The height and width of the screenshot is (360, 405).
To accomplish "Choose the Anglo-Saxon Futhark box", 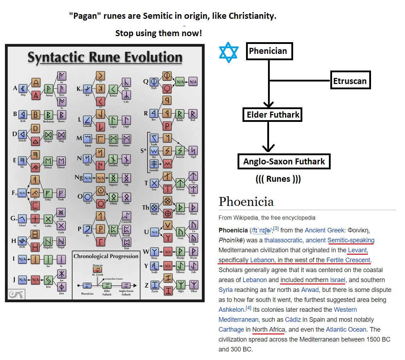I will pyautogui.click(x=284, y=162).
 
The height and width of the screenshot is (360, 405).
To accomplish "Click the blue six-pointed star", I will pyautogui.click(x=229, y=52).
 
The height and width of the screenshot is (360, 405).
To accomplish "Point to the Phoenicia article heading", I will pyautogui.click(x=246, y=202).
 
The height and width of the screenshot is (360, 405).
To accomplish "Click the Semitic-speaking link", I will pyautogui.click(x=350, y=240).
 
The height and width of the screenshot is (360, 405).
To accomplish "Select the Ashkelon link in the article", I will pyautogui.click(x=231, y=310).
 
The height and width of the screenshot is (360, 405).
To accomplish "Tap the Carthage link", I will pyautogui.click(x=231, y=329).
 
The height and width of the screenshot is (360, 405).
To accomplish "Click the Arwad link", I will pyautogui.click(x=310, y=290).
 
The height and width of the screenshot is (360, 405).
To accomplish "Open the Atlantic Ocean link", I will pyautogui.click(x=346, y=329).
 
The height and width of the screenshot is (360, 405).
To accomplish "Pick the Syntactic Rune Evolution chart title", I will pyautogui.click(x=105, y=57).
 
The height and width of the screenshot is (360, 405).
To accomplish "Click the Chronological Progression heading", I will pyautogui.click(x=105, y=256).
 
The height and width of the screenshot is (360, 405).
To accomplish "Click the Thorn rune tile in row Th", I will pyautogui.click(x=193, y=207).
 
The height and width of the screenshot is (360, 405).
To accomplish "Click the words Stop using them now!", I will pyautogui.click(x=159, y=34).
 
